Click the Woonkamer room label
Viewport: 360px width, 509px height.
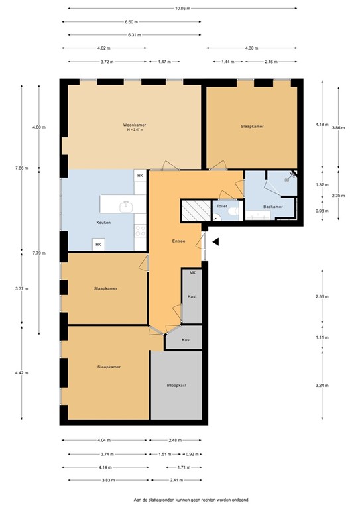[x=134, y=125]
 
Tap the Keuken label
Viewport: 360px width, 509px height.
[x=103, y=223]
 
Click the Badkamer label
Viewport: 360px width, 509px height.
[x=272, y=207]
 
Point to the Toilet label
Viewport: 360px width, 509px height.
[x=222, y=206]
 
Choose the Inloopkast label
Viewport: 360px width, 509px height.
[x=176, y=385]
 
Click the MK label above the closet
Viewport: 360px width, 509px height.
[x=192, y=272]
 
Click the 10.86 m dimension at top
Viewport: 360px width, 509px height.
[x=182, y=9]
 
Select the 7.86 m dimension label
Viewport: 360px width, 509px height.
[x=21, y=168]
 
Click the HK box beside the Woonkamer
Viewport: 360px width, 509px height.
[x=140, y=176]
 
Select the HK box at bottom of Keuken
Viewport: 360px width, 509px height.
[x=98, y=245]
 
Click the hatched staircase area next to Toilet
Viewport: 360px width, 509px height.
[x=196, y=210]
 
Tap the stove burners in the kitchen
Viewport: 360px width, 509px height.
[x=141, y=231]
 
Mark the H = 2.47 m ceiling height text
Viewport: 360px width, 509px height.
[x=134, y=130]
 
